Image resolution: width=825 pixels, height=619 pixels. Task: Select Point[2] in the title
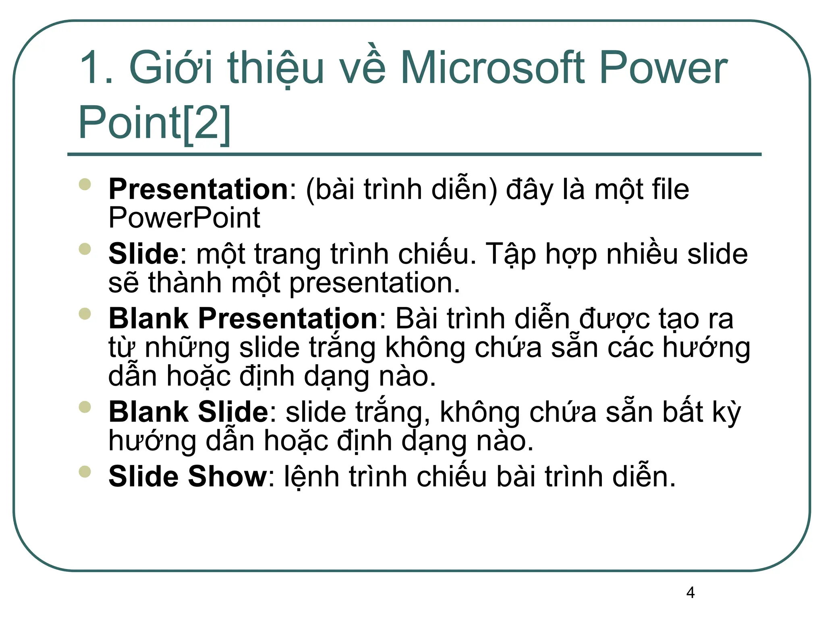[154, 123]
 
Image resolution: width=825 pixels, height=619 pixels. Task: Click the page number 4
[690, 593]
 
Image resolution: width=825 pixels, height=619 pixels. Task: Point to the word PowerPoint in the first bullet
[184, 218]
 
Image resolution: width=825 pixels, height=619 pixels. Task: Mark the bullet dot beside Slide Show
[85, 471]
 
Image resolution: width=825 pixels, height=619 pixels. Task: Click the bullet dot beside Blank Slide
[85, 407]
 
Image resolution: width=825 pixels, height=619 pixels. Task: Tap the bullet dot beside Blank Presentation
[85, 313]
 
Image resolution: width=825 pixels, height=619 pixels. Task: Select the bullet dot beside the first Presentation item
[85, 184]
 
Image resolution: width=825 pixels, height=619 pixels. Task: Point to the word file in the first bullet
[670, 189]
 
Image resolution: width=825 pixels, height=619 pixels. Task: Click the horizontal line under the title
[414, 154]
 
